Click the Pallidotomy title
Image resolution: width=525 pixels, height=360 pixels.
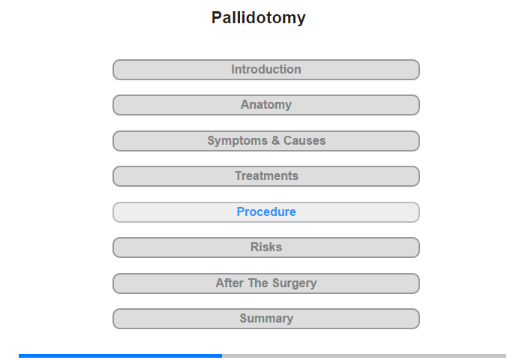tap(258, 18)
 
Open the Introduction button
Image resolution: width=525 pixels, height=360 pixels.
tap(266, 70)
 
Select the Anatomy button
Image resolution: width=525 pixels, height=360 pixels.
tap(266, 105)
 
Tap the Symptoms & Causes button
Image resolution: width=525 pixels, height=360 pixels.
tap(266, 141)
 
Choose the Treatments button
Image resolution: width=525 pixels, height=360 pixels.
tap(266, 176)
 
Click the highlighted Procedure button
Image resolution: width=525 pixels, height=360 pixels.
tap(266, 212)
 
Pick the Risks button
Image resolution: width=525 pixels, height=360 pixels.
tap(266, 247)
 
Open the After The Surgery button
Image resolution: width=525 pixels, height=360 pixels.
tap(266, 283)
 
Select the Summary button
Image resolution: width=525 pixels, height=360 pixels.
tap(266, 319)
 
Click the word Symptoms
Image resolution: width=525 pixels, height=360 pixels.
tap(238, 141)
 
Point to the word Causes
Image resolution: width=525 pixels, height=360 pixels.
tap(304, 141)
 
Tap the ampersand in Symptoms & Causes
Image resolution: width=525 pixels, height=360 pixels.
tap(275, 141)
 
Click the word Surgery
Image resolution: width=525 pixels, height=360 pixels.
tap(294, 283)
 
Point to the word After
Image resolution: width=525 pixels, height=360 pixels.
tap(229, 283)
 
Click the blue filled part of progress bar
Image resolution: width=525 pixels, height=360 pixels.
tap(120, 356)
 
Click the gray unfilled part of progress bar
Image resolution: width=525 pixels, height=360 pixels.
tap(364, 356)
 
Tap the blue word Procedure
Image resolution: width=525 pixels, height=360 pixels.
tap(266, 212)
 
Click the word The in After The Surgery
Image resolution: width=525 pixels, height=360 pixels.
tap(258, 283)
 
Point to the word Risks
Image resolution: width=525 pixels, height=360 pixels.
tap(266, 247)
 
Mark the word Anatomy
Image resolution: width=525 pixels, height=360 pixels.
tap(266, 105)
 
